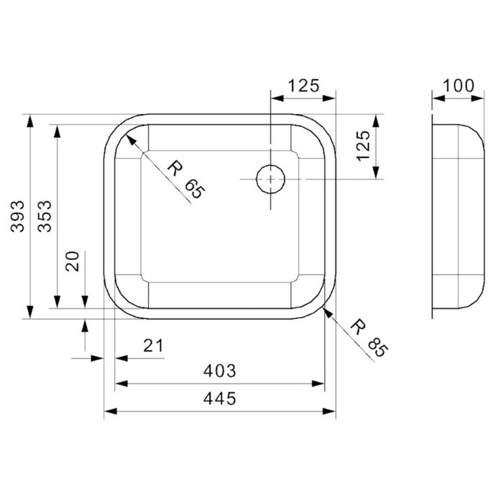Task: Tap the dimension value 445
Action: pyautogui.click(x=220, y=399)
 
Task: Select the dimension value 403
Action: pyautogui.click(x=220, y=371)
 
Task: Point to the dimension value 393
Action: pyautogui.click(x=17, y=216)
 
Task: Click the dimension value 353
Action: pyautogui.click(x=45, y=216)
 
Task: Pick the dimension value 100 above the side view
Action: pyautogui.click(x=459, y=85)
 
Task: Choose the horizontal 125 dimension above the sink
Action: pyautogui.click(x=303, y=85)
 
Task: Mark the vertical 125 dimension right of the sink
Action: pyautogui.click(x=364, y=145)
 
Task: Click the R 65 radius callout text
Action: pyautogui.click(x=186, y=180)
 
